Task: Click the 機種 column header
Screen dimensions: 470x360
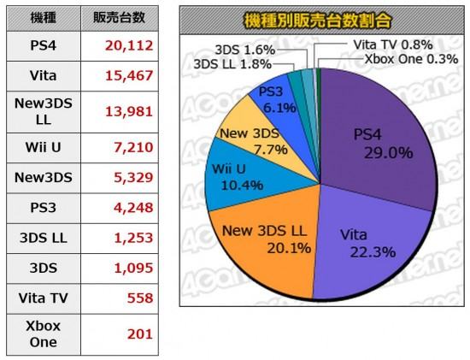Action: pos(44,18)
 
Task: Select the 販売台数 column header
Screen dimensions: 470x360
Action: pos(119,18)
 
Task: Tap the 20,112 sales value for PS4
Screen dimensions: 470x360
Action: pos(129,46)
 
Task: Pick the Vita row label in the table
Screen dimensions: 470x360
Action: pos(44,75)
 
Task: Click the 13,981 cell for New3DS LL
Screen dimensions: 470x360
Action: pos(129,112)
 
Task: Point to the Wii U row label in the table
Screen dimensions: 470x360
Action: pos(44,148)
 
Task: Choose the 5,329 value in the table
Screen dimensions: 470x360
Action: pos(133,178)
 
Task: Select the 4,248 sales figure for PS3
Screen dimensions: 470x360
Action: pos(133,208)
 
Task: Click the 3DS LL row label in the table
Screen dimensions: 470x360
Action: pos(44,238)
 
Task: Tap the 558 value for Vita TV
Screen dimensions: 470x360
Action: pos(140,298)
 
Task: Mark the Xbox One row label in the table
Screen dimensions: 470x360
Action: pos(44,334)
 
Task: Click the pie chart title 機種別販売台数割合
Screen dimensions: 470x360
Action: pos(317,21)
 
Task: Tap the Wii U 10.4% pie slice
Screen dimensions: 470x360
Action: pos(240,177)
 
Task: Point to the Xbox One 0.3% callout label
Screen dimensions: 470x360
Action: pos(411,59)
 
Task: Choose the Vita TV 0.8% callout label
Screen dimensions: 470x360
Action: pos(393,45)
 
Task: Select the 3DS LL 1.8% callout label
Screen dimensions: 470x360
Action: pos(232,64)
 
